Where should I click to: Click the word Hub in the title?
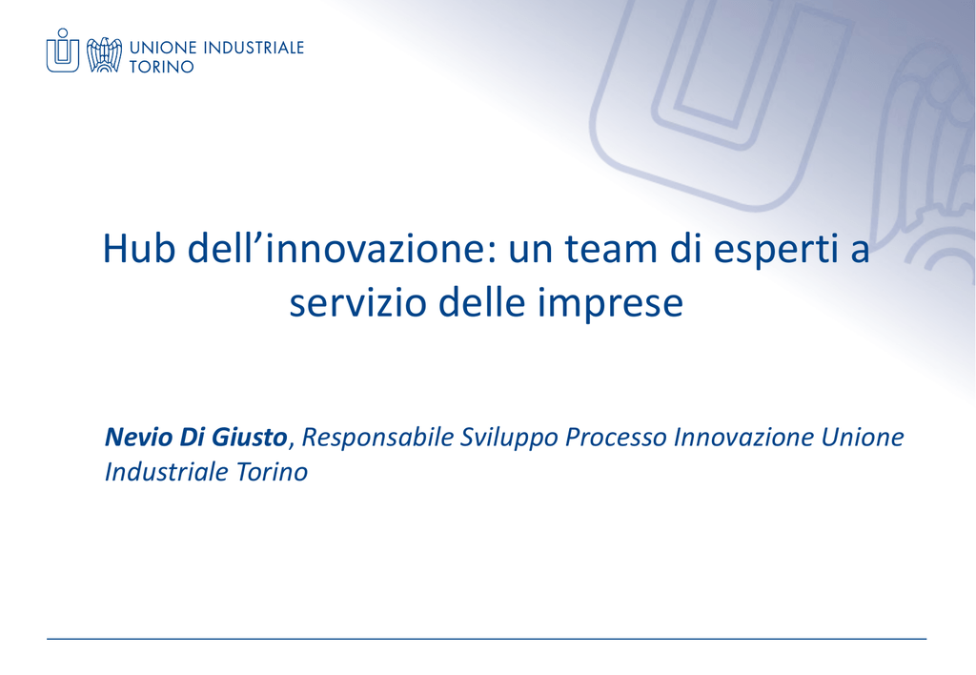click(x=139, y=248)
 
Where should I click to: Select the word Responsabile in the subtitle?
click(x=377, y=439)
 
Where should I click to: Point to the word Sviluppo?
click(x=509, y=439)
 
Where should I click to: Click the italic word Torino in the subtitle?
click(x=272, y=472)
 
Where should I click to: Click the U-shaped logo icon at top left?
click(x=63, y=51)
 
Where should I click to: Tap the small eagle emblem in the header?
click(x=104, y=54)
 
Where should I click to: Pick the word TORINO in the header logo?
click(x=162, y=67)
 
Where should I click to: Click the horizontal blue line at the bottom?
click(x=486, y=638)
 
